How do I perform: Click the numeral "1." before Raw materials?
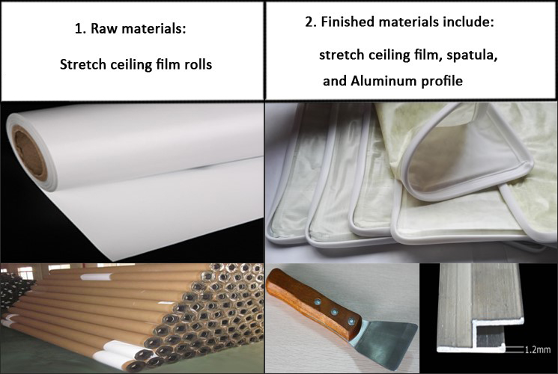tap(80, 28)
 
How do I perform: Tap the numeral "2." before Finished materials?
tap(311, 22)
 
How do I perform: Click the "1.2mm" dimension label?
tap(538, 350)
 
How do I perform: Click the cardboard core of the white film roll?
tap(30, 153)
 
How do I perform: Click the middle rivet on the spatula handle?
tap(335, 312)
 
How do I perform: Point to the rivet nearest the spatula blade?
tap(351, 320)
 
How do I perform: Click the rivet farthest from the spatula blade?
tap(318, 303)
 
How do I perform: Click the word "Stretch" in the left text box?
tap(83, 64)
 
